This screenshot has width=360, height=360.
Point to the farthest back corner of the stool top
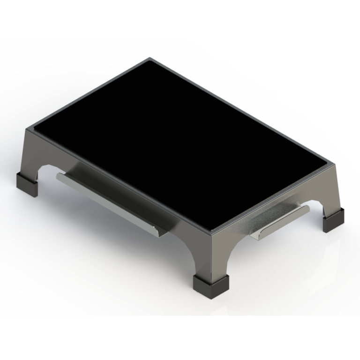150,59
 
